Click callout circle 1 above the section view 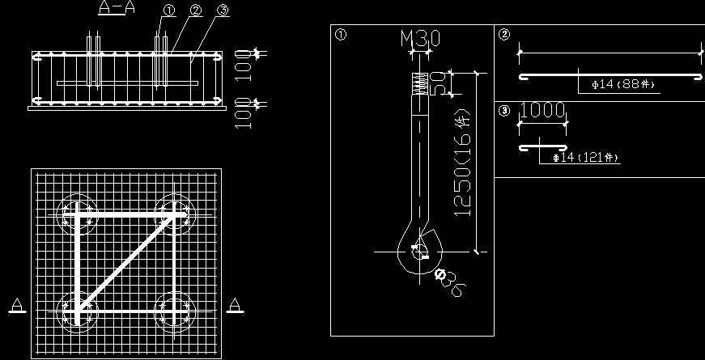pyautogui.click(x=168, y=11)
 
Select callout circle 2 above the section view pyautogui.click(x=195, y=11)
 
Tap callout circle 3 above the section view pyautogui.click(x=223, y=11)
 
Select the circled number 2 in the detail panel pyautogui.click(x=504, y=35)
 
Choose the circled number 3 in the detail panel pyautogui.click(x=504, y=112)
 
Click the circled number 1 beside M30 pyautogui.click(x=341, y=35)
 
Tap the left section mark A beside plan pyautogui.click(x=17, y=306)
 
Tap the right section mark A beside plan pyautogui.click(x=235, y=305)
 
